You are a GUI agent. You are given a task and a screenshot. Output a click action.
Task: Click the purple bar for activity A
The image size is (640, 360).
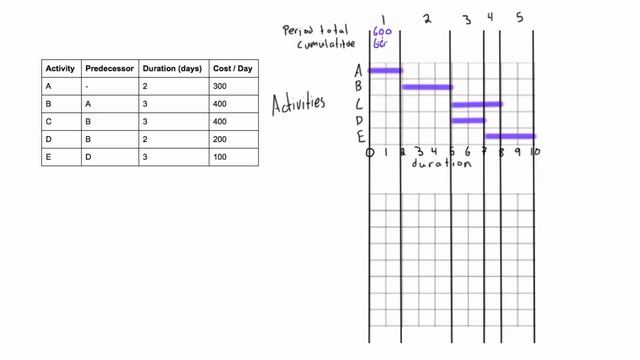point(385,70)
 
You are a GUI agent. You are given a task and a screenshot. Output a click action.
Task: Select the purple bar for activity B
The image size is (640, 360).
point(427,87)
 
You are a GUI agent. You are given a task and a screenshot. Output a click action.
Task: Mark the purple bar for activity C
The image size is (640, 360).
point(476,104)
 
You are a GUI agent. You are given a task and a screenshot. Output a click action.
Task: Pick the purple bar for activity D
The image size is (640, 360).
point(468,121)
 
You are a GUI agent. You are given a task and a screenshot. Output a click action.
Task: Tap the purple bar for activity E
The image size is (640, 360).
point(510,136)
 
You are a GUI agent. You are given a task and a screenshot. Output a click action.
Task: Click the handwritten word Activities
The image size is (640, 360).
point(299,102)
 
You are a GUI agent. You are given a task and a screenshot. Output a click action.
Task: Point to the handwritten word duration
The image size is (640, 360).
point(440,164)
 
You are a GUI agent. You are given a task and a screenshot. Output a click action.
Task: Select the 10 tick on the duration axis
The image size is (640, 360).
point(535,152)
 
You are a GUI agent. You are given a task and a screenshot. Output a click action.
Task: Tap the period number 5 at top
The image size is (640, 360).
point(519,17)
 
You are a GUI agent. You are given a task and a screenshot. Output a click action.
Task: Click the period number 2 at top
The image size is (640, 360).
point(426,17)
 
